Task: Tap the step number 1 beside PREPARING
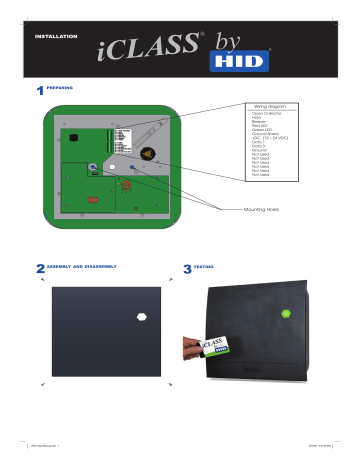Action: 39,93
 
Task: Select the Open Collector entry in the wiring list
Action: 266,113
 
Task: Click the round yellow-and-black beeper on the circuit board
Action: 149,155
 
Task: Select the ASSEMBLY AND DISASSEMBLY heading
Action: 83,267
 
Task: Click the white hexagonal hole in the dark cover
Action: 141,320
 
